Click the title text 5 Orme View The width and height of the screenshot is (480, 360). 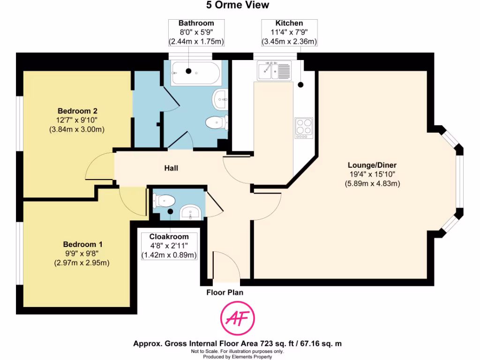238,5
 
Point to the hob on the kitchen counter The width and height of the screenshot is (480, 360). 303,128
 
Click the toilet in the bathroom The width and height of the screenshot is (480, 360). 217,122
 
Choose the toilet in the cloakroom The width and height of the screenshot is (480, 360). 165,201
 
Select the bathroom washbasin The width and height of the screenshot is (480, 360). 220,98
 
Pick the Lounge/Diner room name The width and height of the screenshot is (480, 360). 372,165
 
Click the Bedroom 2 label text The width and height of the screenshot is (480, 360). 77,111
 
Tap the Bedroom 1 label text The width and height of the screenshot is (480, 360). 83,245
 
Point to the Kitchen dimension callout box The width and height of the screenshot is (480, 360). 289,32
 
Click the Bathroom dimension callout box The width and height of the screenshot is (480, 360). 196,32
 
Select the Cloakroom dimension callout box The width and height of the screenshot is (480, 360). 169,246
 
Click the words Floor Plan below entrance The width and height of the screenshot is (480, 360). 225,292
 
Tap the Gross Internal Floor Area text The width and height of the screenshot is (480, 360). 237,344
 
